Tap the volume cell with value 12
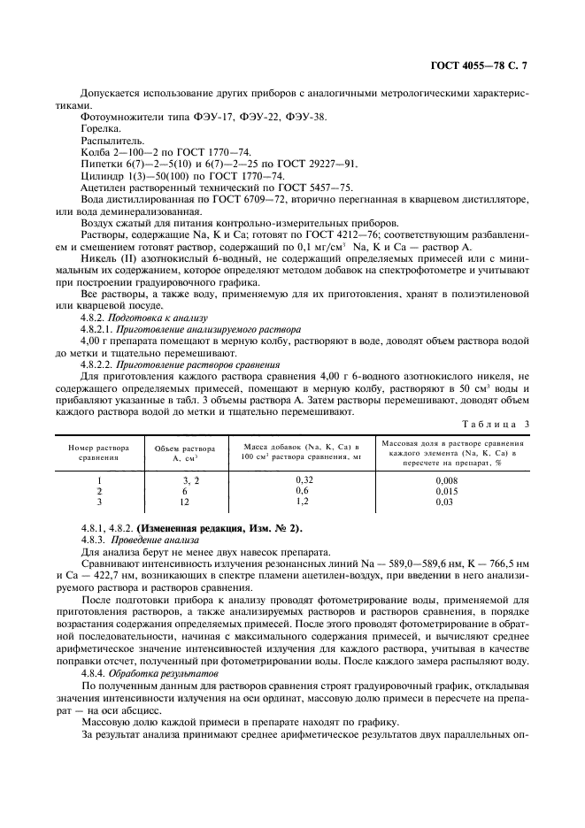(x=185, y=501)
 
